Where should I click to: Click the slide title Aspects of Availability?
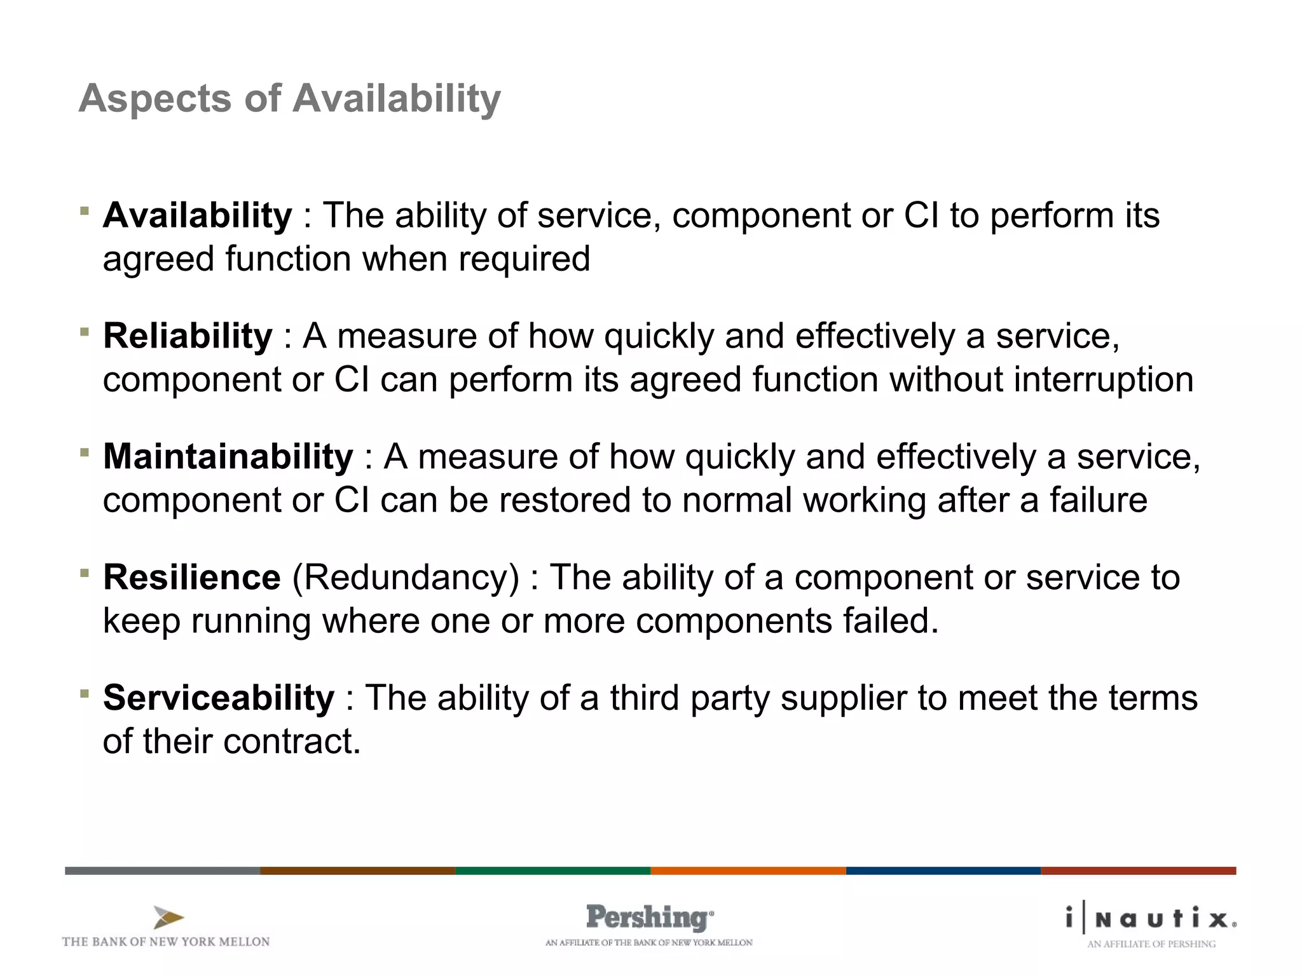coord(290,99)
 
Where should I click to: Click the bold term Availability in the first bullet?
coord(197,215)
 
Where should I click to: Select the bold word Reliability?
coord(188,336)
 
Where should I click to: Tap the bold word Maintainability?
coord(228,457)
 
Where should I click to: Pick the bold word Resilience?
coord(191,578)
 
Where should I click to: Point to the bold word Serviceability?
coord(218,698)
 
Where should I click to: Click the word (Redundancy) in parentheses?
coord(406,578)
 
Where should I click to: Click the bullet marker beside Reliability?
coord(85,331)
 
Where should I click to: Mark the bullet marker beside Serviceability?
coord(85,693)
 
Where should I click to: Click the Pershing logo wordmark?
coord(648,918)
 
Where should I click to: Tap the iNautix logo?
coord(1151,918)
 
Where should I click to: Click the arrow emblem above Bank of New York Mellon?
coord(168,918)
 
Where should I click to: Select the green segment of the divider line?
coord(552,871)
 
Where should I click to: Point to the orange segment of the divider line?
coord(748,871)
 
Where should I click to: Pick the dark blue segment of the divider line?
coord(943,871)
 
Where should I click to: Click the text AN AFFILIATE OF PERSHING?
coord(1151,944)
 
